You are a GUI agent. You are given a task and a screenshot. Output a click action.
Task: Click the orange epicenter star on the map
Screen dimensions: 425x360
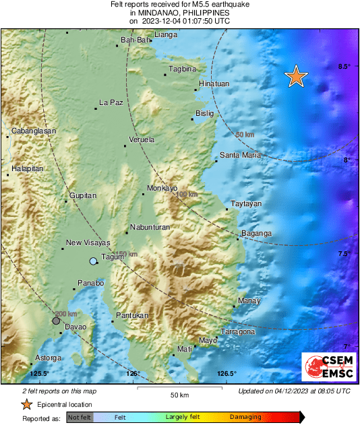295,77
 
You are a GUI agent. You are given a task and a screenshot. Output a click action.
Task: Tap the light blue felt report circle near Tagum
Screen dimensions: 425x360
93,261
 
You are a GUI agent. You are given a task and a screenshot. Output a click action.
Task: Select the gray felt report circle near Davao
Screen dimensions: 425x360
56,321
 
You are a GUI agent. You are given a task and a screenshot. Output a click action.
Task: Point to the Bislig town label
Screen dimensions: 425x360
205,113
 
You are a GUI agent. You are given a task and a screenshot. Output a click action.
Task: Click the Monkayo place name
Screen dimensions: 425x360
161,188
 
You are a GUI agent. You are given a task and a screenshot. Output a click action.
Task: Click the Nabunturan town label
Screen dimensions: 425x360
150,227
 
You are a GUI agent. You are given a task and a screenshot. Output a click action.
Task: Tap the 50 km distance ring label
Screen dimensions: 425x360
244,135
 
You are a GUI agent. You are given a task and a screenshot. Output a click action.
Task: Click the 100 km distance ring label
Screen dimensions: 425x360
186,195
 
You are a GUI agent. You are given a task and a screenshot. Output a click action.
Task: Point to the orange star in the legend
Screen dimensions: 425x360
26,404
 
